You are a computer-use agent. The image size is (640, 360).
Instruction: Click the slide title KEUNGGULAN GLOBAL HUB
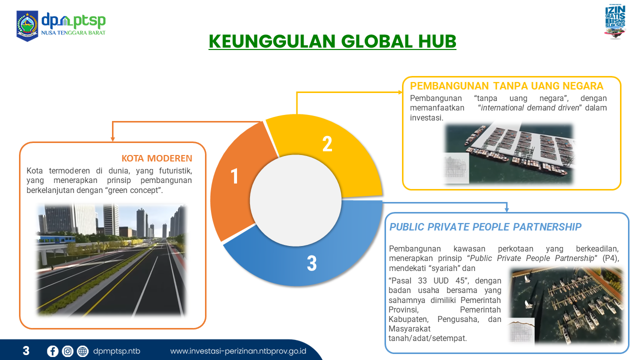coord(332,41)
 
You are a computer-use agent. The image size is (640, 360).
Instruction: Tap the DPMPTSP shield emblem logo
coord(27,26)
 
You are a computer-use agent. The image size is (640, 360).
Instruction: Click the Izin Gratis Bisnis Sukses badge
coord(615,21)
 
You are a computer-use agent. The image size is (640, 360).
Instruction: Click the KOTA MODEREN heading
coord(157,158)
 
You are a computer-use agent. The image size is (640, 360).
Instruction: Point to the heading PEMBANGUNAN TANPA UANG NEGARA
coord(506,86)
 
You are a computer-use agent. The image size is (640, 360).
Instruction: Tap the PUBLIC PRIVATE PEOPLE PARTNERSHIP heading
coord(485,227)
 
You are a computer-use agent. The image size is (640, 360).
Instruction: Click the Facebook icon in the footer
coord(52,351)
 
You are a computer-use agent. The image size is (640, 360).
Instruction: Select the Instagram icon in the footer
coord(67,351)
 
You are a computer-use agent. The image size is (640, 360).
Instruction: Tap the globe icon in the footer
coord(82,351)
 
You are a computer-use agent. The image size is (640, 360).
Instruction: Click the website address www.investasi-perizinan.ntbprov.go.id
coord(238,351)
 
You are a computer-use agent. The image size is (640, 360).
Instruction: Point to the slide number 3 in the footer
coord(26,351)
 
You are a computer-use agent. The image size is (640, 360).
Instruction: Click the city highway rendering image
coord(111,260)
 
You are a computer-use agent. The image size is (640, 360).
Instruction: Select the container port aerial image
coord(508,153)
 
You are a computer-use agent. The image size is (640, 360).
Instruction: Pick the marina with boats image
coord(565,305)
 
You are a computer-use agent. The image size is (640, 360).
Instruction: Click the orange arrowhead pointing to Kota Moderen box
coord(112,139)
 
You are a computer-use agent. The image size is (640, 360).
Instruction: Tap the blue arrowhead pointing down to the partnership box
coord(506,209)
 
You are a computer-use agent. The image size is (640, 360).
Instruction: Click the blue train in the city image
coord(54,239)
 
